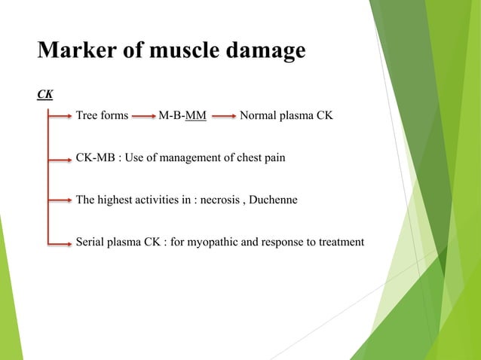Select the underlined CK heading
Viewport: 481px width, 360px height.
pos(45,95)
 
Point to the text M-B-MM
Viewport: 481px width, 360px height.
pos(183,117)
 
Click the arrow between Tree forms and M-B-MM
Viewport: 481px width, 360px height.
pos(143,117)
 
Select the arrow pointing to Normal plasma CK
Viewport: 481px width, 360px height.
pos(222,117)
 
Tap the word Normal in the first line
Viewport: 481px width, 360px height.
pos(257,117)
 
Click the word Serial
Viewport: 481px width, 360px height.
pos(91,242)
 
